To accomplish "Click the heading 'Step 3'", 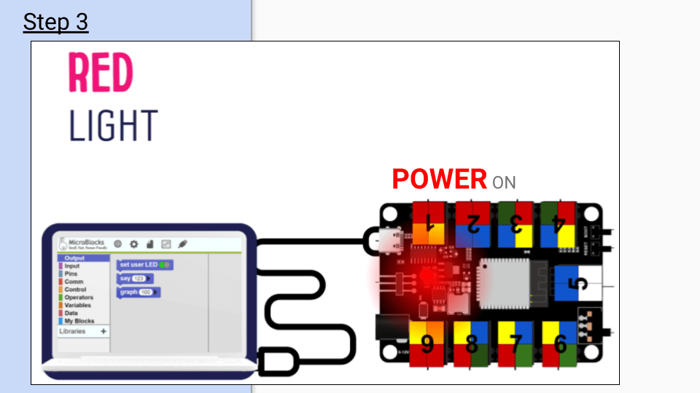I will (55, 22).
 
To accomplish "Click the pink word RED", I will (101, 73).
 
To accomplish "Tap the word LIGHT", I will (113, 125).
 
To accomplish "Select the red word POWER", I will (439, 179).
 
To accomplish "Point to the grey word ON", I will (504, 182).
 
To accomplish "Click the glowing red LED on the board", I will (424, 278).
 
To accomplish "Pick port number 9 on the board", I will (427, 342).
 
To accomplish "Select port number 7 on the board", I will (516, 342).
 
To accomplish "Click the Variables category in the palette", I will (79, 305).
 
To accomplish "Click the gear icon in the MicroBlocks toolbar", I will (134, 244).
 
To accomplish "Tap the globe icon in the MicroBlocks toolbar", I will (118, 244).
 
